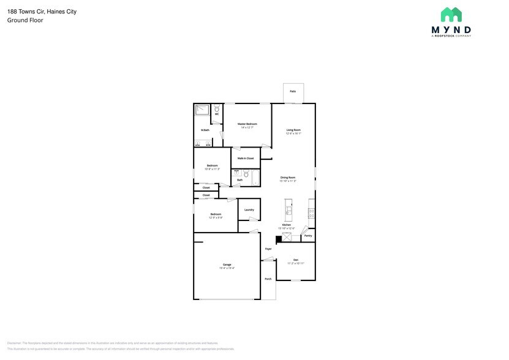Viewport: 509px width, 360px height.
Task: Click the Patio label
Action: point(293,91)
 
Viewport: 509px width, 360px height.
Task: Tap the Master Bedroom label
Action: point(247,124)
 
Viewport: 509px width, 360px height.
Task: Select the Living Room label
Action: point(293,130)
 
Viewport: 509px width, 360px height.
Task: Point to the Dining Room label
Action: point(288,177)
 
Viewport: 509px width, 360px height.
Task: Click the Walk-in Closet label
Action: point(246,158)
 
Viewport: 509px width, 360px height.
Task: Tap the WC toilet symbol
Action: point(217,109)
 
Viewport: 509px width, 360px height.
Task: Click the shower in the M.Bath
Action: point(202,110)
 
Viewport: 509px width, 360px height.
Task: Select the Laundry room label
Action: point(249,209)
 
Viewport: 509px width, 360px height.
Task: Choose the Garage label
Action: point(227,264)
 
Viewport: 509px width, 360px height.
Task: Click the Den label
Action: point(296,260)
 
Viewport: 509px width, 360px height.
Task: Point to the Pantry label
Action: point(308,236)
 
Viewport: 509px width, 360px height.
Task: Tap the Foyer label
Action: point(268,249)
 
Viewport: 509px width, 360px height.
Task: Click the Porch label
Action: point(268,279)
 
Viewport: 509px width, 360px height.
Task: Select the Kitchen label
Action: point(287,225)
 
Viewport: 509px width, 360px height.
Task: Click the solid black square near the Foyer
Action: point(279,239)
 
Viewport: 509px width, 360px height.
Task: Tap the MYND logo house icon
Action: point(451,14)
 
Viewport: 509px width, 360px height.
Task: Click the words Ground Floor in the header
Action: point(21,20)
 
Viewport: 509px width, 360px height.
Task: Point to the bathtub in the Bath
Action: point(256,178)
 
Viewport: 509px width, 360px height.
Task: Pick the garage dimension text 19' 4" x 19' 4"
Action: point(227,268)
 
